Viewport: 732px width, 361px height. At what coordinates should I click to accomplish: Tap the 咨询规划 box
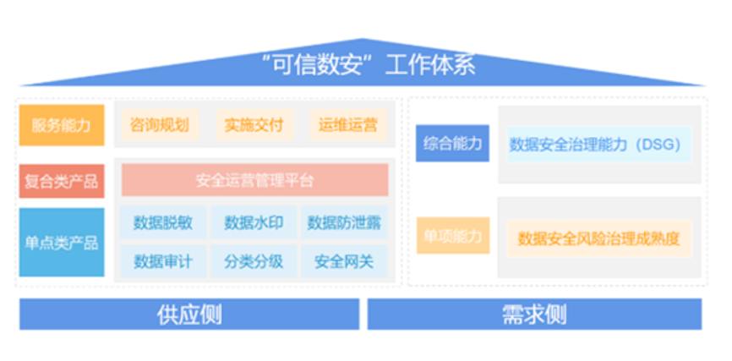(160, 126)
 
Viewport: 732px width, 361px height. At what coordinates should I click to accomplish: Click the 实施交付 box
(254, 126)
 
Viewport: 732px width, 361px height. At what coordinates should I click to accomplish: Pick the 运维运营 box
(347, 126)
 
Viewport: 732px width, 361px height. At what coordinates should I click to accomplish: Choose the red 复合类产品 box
(62, 181)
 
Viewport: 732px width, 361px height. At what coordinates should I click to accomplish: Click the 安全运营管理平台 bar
(254, 180)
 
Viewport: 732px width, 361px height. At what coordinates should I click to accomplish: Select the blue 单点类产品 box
(62, 243)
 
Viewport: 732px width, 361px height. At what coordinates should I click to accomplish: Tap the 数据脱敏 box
(162, 223)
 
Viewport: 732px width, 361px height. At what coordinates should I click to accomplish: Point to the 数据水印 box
(254, 223)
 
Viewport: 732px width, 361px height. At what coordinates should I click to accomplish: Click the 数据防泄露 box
(345, 223)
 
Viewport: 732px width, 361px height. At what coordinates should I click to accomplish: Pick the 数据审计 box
(162, 261)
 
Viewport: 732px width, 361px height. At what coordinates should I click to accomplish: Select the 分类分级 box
(254, 261)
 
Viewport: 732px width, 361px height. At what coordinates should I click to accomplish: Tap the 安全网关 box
(345, 261)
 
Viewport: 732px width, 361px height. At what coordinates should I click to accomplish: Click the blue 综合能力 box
(453, 144)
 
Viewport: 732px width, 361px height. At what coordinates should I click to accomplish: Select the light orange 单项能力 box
(453, 236)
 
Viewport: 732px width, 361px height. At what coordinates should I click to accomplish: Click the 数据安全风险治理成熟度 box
(598, 238)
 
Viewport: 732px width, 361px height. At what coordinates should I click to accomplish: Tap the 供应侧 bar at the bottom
(189, 315)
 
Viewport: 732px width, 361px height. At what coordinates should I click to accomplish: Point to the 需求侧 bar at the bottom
(534, 315)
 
